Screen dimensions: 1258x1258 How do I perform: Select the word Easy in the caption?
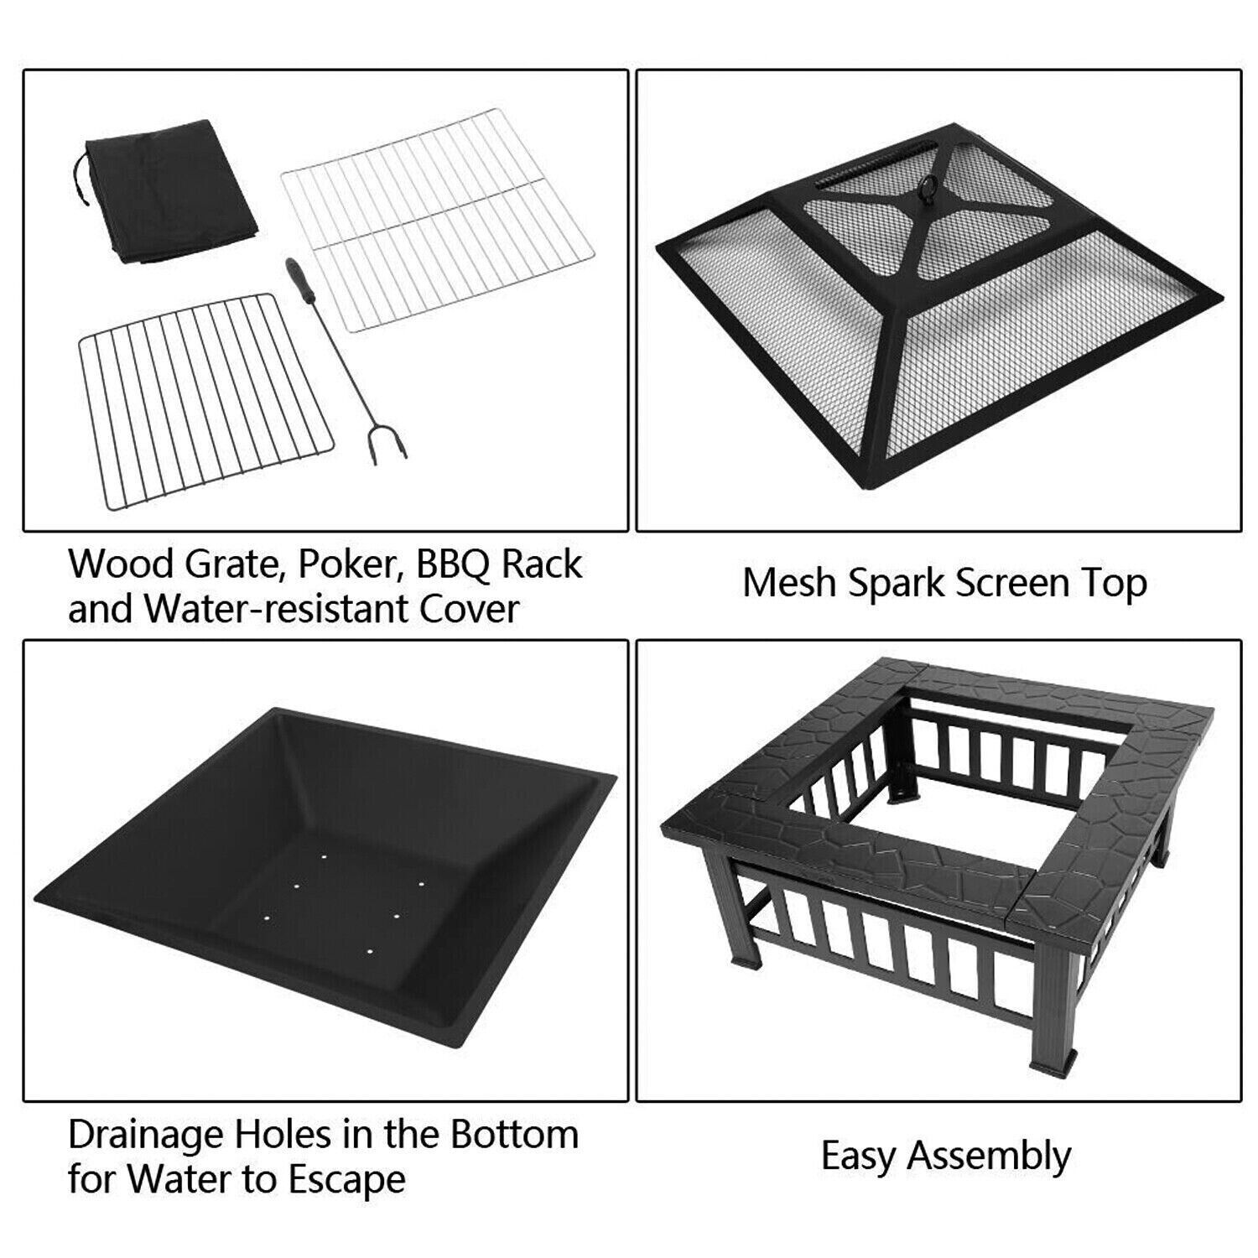[x=860, y=1157]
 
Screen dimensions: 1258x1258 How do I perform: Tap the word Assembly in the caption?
[x=990, y=1157]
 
